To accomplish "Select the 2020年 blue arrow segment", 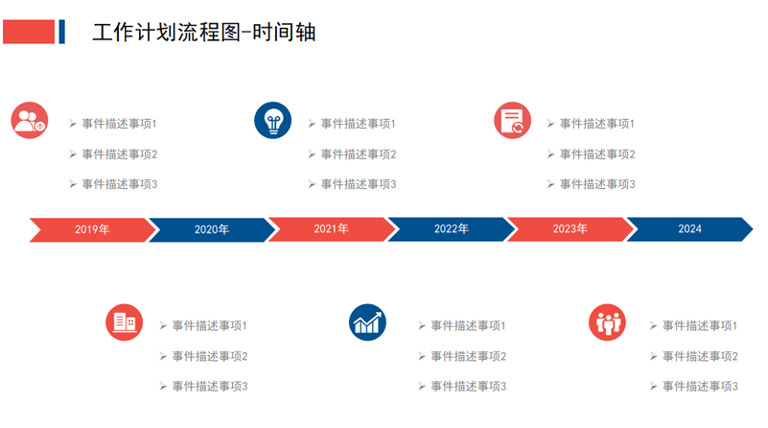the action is pyautogui.click(x=212, y=229).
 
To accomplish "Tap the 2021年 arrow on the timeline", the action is pyautogui.click(x=332, y=229).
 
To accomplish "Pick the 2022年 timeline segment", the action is pyautogui.click(x=451, y=229).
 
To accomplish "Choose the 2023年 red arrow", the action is pyautogui.click(x=570, y=229).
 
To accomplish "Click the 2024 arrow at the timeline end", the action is pyautogui.click(x=690, y=229).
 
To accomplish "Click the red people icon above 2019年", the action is pyautogui.click(x=30, y=120).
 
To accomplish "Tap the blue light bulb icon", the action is pyautogui.click(x=273, y=120).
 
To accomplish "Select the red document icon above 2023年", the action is pyautogui.click(x=512, y=120).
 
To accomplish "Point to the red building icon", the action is pyautogui.click(x=125, y=322).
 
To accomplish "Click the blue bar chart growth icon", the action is pyautogui.click(x=367, y=322).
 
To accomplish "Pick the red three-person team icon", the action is pyautogui.click(x=607, y=322).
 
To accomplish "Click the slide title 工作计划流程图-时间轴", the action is pyautogui.click(x=204, y=33).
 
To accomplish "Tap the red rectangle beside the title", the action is pyautogui.click(x=29, y=32).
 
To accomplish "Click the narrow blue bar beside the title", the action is pyautogui.click(x=61, y=32).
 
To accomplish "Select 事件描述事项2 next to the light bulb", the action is pyautogui.click(x=359, y=155).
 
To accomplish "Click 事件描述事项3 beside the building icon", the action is pyautogui.click(x=210, y=387).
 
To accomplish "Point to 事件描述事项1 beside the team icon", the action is pyautogui.click(x=700, y=325).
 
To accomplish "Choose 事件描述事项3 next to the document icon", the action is pyautogui.click(x=597, y=184).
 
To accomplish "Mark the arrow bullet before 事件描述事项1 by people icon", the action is pyautogui.click(x=73, y=124).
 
